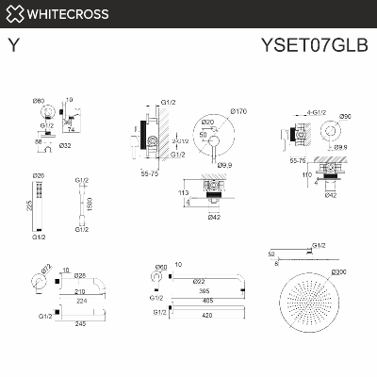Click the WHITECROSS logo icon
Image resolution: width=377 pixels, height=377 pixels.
coord(13,14)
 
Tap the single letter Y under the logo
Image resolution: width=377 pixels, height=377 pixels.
coord(11,43)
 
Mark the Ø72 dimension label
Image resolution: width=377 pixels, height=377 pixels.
coord(45,267)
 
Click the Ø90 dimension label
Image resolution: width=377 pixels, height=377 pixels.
coord(346,116)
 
